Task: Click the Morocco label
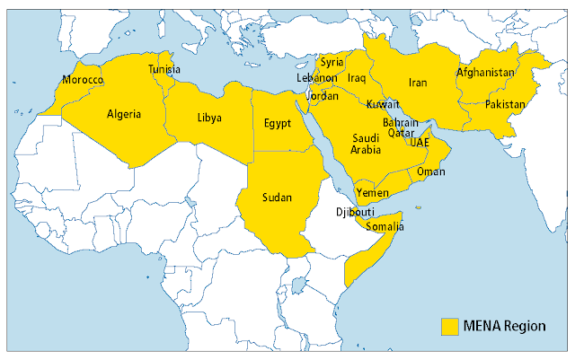[83, 81]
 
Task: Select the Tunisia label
[164, 70]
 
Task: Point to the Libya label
[209, 119]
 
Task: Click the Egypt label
[277, 123]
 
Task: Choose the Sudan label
[276, 197]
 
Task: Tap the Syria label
[332, 63]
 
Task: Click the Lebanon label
[316, 78]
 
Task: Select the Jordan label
[323, 95]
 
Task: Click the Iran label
[418, 83]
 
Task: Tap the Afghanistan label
[485, 72]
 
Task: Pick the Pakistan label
[504, 105]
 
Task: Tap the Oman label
[432, 171]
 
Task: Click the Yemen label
[373, 193]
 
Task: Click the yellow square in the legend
[449, 326]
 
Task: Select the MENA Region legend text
[505, 326]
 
